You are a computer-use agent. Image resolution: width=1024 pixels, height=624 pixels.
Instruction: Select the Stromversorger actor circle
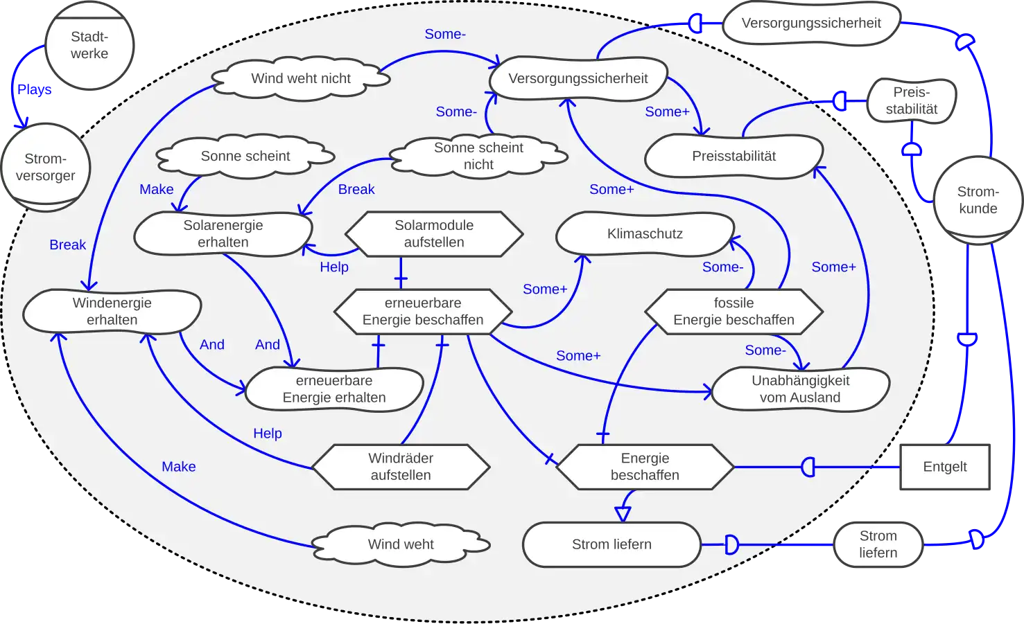[46, 168]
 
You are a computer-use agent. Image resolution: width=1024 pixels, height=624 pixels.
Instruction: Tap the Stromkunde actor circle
[978, 200]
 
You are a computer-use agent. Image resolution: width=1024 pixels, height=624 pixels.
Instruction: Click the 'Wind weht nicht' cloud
[301, 78]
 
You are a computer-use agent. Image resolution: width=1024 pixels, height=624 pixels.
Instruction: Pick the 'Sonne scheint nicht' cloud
[478, 156]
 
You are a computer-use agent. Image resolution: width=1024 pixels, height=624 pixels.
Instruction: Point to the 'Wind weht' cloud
[401, 544]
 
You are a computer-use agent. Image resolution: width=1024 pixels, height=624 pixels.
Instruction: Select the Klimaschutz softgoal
[645, 234]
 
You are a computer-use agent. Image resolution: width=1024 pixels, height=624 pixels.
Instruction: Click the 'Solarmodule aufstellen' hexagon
[434, 234]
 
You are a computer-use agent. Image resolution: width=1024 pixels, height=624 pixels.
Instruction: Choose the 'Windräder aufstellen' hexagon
[401, 467]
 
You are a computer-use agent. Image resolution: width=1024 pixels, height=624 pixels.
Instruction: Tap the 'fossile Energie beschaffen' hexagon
[734, 312]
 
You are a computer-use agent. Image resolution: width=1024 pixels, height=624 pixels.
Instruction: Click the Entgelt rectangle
[945, 467]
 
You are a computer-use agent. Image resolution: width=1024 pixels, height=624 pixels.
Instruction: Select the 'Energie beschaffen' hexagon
[645, 467]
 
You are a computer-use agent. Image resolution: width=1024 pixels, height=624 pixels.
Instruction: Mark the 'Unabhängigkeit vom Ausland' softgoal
[800, 389]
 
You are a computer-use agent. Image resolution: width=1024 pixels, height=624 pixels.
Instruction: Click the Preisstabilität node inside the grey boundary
[734, 157]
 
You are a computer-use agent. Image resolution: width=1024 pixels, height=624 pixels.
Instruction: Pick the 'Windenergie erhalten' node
[112, 312]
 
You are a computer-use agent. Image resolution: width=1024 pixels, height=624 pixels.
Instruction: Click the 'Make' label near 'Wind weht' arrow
[179, 467]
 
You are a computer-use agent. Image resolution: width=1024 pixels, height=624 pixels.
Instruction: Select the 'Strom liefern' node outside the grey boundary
[878, 544]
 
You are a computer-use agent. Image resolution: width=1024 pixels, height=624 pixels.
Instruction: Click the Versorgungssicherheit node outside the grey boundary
[811, 23]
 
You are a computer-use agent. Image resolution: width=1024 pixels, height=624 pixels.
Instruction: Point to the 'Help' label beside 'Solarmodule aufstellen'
[334, 267]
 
